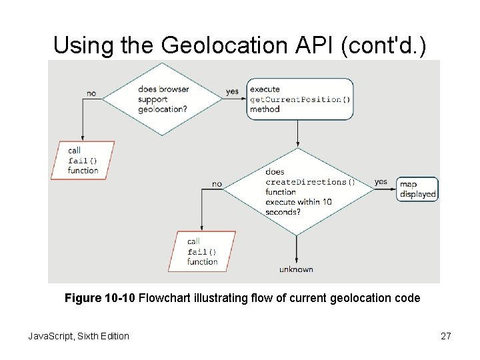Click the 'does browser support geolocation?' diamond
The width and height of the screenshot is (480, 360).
(x=161, y=99)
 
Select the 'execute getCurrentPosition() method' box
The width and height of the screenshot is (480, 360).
(x=299, y=99)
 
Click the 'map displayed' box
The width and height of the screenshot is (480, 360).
(x=418, y=189)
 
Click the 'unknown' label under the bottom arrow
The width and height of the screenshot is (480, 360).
(x=296, y=269)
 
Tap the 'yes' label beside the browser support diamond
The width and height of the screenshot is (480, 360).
(x=232, y=91)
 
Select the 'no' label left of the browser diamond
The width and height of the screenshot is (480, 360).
(x=91, y=93)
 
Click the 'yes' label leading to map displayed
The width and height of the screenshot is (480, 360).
(x=381, y=181)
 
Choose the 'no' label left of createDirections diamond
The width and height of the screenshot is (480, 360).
(x=217, y=183)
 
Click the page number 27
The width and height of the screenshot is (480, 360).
(x=446, y=336)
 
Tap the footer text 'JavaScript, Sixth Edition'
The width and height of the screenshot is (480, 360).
(x=79, y=336)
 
